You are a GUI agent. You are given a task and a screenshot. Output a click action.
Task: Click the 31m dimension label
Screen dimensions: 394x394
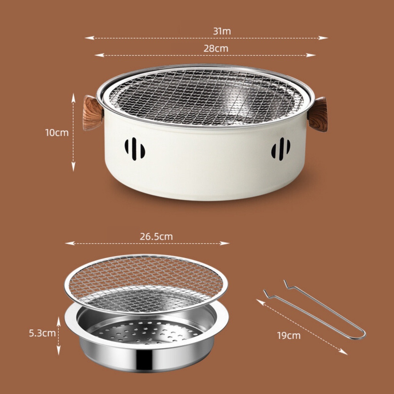click(222, 31)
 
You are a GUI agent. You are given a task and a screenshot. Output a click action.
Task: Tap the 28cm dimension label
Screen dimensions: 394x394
click(216, 48)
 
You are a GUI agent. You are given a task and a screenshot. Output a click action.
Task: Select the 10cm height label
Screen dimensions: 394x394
click(57, 133)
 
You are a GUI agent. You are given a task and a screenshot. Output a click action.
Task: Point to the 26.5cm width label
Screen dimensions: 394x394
click(156, 237)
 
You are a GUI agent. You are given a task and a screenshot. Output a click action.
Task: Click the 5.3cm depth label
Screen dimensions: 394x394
click(42, 333)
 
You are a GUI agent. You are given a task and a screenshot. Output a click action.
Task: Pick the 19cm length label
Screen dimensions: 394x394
click(289, 336)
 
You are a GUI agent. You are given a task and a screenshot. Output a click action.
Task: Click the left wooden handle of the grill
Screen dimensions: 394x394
click(92, 113)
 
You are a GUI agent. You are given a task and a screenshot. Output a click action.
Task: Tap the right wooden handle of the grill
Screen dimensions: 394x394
click(317, 114)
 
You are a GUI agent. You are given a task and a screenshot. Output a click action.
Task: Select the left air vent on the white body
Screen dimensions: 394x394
click(135, 149)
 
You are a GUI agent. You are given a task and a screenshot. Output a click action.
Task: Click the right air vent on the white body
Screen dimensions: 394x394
click(281, 149)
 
